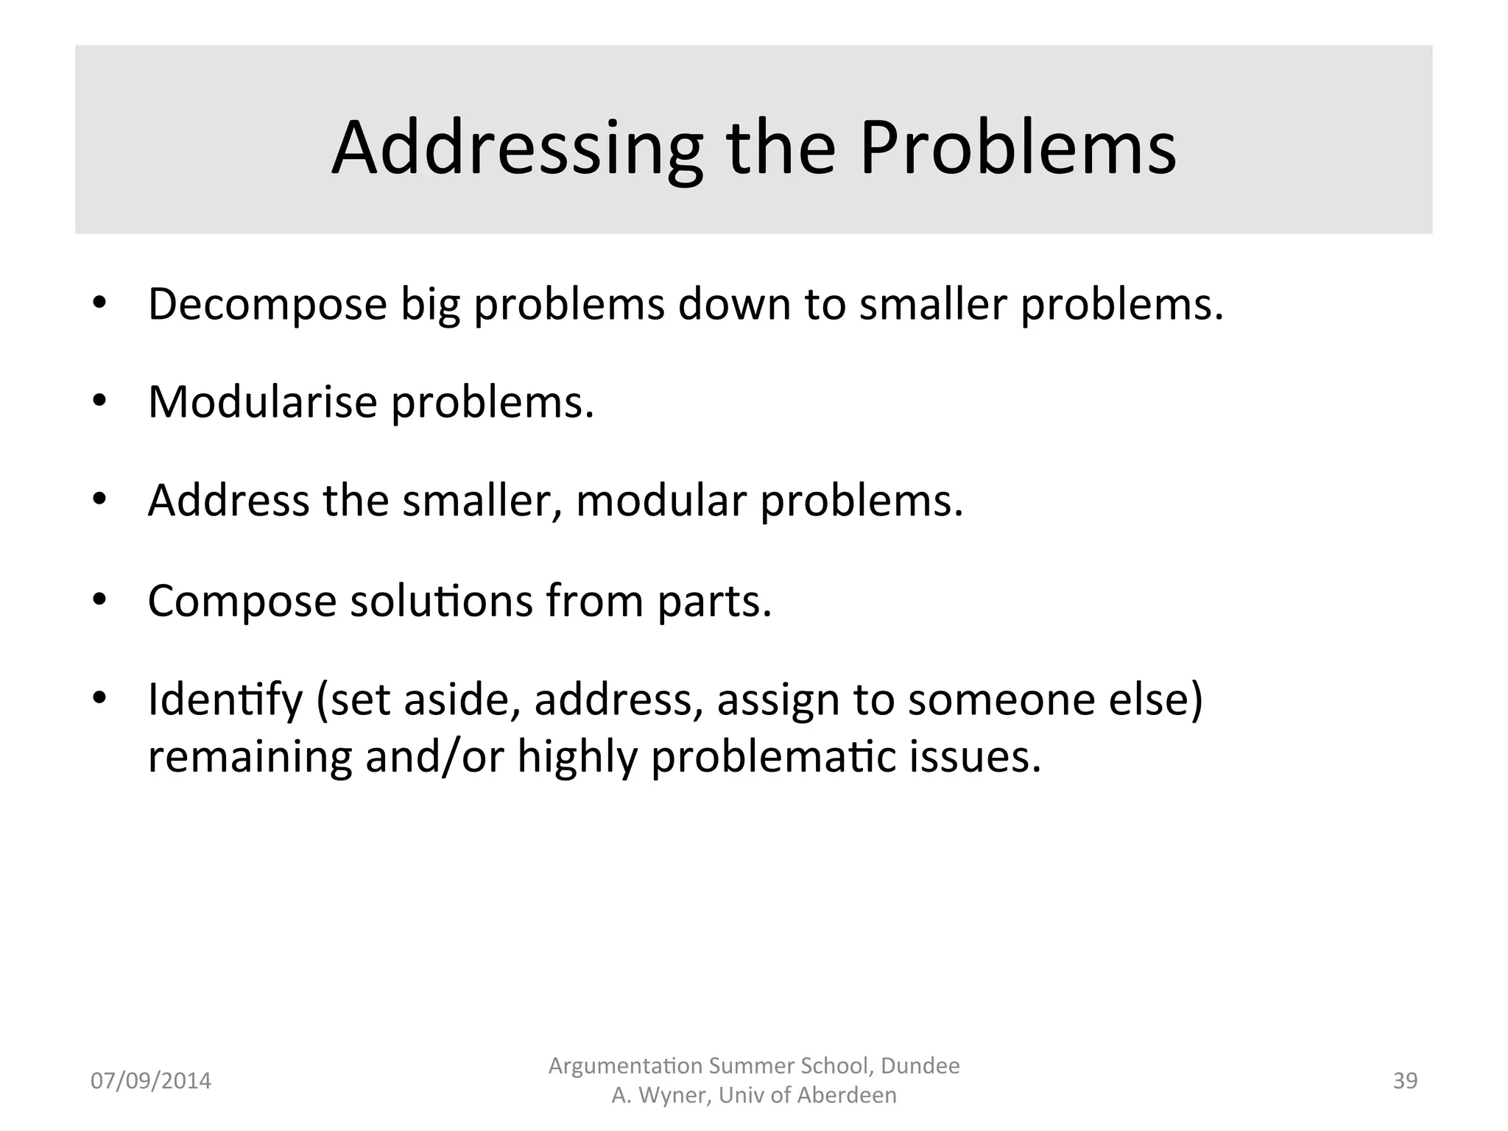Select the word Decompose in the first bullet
pyautogui.click(x=267, y=304)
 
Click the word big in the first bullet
pyautogui.click(x=430, y=304)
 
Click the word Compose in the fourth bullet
pyautogui.click(x=242, y=601)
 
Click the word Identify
pyautogui.click(x=225, y=700)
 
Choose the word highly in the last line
pyautogui.click(x=577, y=757)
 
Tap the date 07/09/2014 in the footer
pyautogui.click(x=150, y=1081)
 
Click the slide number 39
pyautogui.click(x=1405, y=1081)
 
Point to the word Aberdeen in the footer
pyautogui.click(x=846, y=1096)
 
